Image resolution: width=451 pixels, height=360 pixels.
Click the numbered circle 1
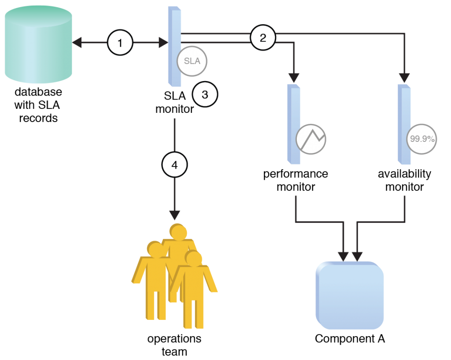(x=120, y=43)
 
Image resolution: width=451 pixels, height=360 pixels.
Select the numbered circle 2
(x=263, y=38)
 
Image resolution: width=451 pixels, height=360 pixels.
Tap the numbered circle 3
(x=205, y=94)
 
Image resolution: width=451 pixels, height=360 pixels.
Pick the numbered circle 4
(x=174, y=165)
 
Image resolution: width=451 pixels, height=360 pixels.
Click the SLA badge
(x=192, y=61)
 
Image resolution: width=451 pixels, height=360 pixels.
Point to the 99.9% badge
(x=422, y=139)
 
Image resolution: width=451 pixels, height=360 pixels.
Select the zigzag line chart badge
(x=311, y=139)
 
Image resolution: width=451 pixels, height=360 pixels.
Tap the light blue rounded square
(x=350, y=295)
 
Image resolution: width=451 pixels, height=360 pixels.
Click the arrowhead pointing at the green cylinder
(x=77, y=43)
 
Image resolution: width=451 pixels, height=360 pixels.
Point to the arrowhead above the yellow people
(x=175, y=215)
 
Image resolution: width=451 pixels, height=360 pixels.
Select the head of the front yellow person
(x=193, y=258)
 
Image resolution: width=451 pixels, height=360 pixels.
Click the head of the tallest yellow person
(x=178, y=232)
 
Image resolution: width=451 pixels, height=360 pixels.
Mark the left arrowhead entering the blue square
(x=344, y=256)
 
